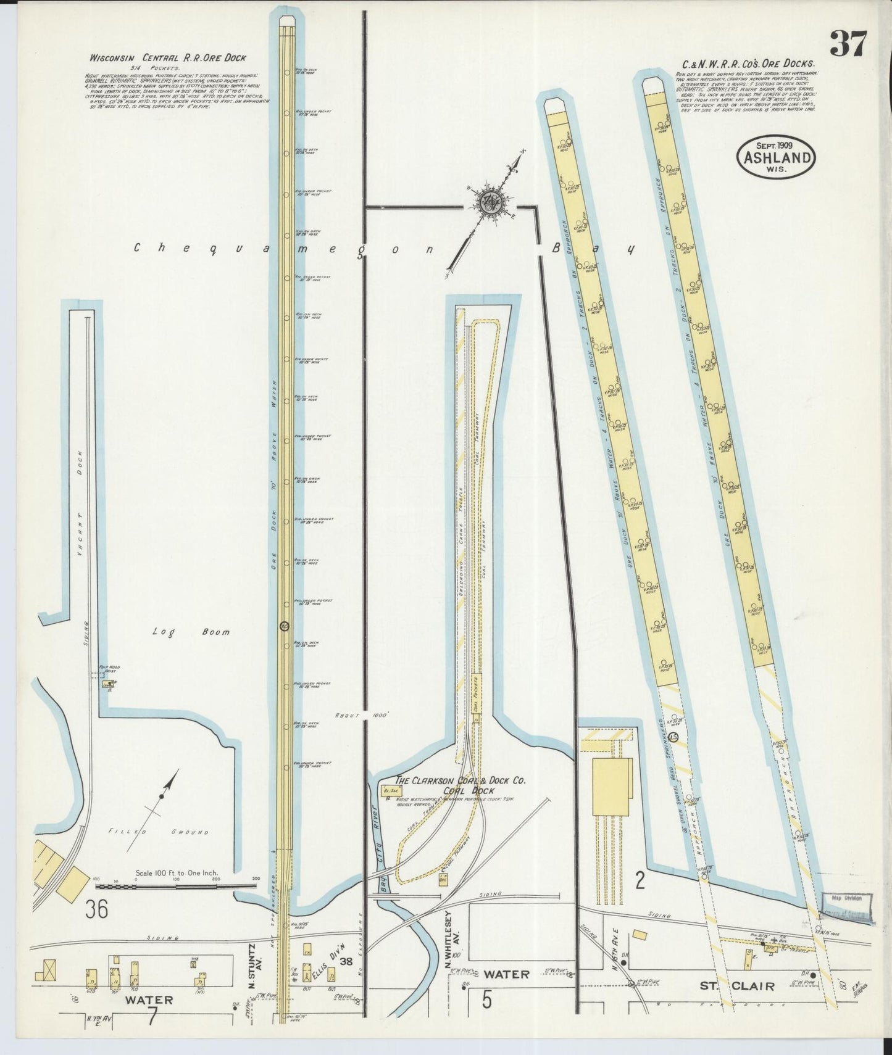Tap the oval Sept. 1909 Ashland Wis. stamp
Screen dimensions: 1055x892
775,156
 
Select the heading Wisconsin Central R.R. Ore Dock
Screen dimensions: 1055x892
168,58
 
